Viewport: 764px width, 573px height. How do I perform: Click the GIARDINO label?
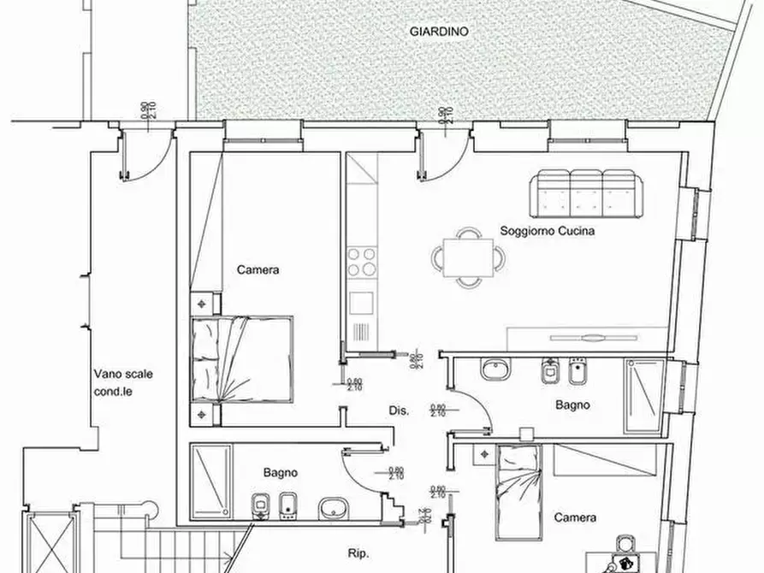(x=439, y=30)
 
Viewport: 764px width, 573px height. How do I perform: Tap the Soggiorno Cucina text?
(x=548, y=231)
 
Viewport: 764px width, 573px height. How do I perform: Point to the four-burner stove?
(x=361, y=262)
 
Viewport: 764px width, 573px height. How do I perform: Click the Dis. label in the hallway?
(x=399, y=411)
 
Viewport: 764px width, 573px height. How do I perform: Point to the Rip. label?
(x=358, y=554)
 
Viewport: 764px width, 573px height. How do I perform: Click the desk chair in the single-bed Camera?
(x=625, y=543)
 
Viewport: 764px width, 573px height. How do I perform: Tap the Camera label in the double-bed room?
(x=258, y=269)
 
